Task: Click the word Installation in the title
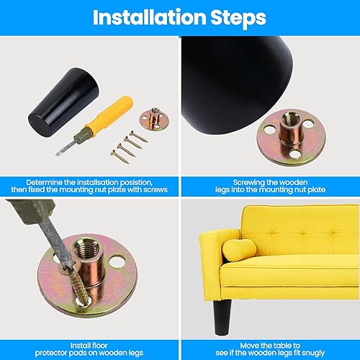tap(149, 17)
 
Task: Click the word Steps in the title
tap(238, 18)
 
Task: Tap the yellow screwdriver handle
tap(109, 112)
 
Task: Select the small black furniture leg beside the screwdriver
tap(63, 102)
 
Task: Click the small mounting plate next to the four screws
tap(154, 119)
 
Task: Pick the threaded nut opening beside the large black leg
tap(290, 118)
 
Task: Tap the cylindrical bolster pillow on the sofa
tap(239, 250)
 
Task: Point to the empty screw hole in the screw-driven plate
tap(117, 261)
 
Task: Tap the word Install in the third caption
tap(78, 346)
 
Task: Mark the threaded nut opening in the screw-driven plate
tap(85, 249)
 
